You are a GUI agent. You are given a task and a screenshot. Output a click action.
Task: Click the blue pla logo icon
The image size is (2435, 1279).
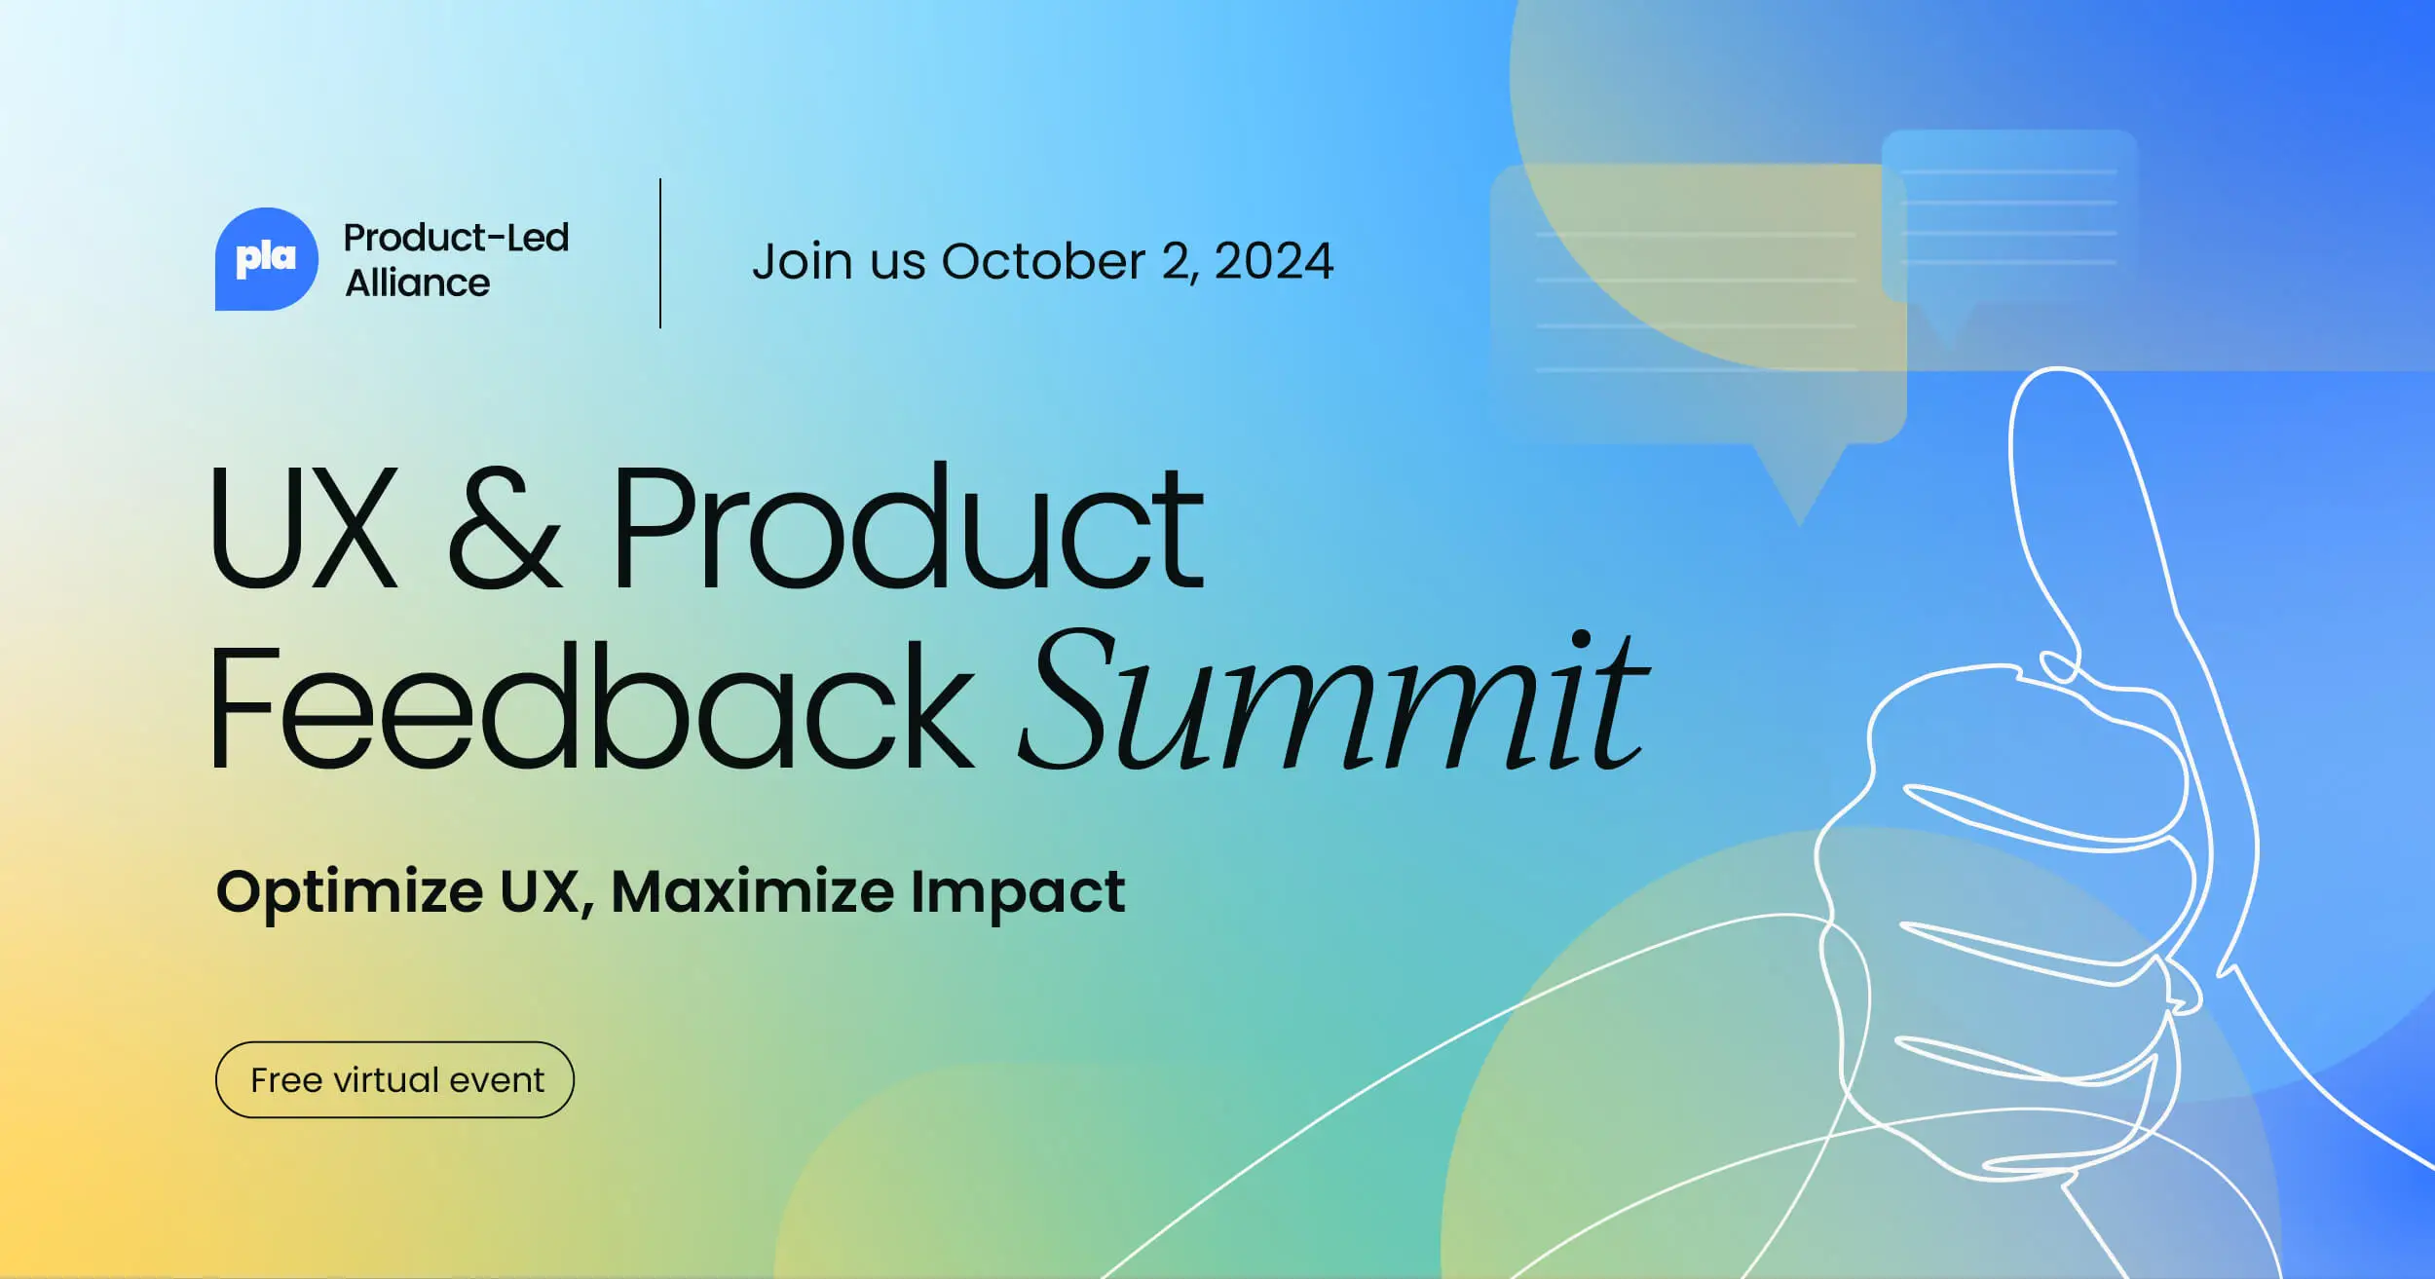tap(266, 259)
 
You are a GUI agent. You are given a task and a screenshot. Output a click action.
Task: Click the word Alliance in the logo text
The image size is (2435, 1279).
tap(418, 283)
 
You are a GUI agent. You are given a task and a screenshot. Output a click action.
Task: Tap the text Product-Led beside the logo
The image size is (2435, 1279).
tap(456, 238)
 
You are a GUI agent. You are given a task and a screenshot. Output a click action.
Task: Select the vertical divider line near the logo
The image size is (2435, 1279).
tap(660, 253)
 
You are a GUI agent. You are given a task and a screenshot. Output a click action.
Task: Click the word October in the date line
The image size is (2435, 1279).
tap(1042, 261)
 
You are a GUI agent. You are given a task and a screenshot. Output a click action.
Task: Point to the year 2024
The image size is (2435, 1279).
tap(1274, 261)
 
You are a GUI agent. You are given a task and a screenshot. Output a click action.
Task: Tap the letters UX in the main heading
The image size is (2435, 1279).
tap(304, 529)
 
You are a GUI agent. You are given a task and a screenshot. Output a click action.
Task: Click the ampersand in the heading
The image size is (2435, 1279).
tap(504, 529)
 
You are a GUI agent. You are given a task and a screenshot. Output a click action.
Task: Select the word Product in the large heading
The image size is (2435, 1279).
tap(908, 529)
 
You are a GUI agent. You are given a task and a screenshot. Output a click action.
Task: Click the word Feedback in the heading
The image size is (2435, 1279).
tap(589, 706)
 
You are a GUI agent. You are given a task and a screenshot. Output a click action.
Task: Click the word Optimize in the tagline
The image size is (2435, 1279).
tap(349, 892)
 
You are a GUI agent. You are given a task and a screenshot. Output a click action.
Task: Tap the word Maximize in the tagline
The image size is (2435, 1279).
tap(752, 890)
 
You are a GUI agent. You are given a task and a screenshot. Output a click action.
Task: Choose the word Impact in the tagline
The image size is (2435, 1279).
tap(1018, 892)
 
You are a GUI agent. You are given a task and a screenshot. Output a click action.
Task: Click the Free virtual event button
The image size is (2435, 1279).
tap(394, 1079)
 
